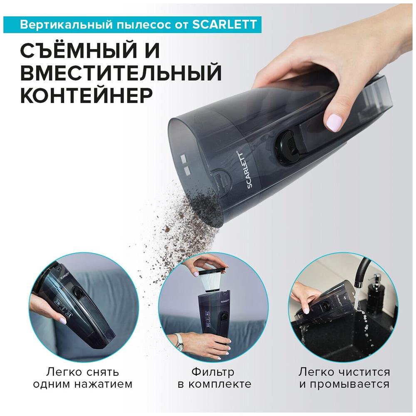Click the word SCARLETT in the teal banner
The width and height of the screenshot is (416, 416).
click(224, 25)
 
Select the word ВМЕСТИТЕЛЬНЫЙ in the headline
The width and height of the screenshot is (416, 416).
click(121, 72)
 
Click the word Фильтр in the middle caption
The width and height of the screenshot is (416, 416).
click(213, 372)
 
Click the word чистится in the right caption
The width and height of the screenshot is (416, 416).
click(365, 372)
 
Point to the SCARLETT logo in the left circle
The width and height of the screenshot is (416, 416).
click(65, 275)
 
